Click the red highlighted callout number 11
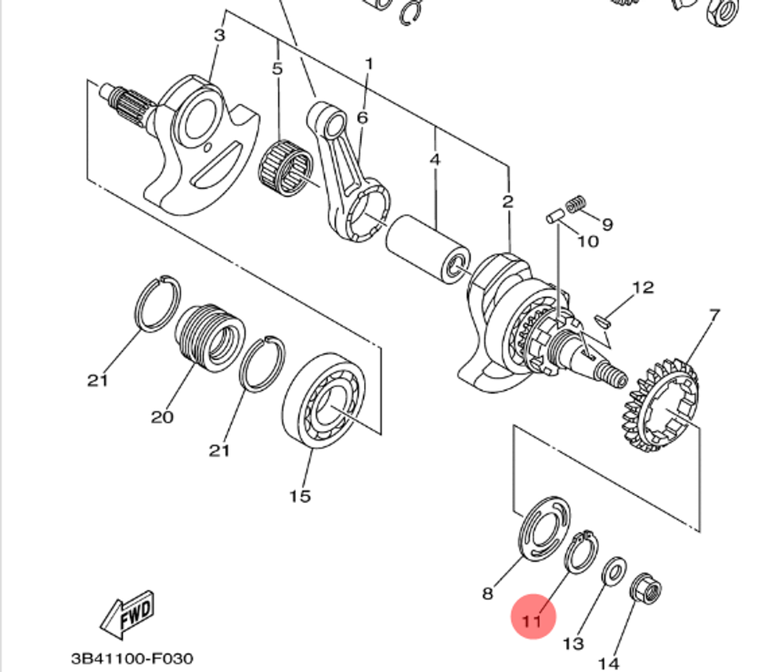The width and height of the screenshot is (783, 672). point(532,621)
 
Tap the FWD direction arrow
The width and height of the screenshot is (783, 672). point(128,614)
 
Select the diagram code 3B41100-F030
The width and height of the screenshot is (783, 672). point(132,659)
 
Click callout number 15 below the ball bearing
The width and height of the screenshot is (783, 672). point(300,496)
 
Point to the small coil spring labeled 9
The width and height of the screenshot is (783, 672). point(576,203)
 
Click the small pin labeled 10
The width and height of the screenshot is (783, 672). point(555,217)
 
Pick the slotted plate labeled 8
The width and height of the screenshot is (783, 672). point(545,528)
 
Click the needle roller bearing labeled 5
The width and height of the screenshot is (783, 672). point(286,167)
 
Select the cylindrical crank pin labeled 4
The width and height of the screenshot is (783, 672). point(428,249)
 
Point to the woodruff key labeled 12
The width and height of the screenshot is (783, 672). point(603,320)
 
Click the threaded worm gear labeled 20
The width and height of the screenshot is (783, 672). point(210,336)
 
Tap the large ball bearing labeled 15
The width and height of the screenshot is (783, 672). point(323,401)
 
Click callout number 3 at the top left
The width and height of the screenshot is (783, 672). point(219,35)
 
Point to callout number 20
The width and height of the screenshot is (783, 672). point(162,416)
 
